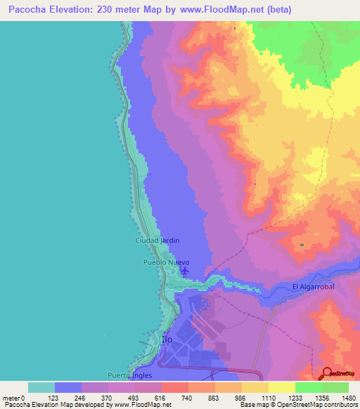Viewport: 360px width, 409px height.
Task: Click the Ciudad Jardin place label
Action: [157, 240]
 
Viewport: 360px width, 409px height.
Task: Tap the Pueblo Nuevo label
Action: [167, 262]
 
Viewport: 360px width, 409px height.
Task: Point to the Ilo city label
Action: [167, 339]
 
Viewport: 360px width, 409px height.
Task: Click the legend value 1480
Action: [348, 397]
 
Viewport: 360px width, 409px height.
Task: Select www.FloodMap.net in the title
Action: [223, 10]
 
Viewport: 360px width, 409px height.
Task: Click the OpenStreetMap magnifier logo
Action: [326, 373]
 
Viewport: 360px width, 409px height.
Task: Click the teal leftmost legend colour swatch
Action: [41, 387]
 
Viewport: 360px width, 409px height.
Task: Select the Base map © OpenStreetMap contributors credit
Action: [298, 405]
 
